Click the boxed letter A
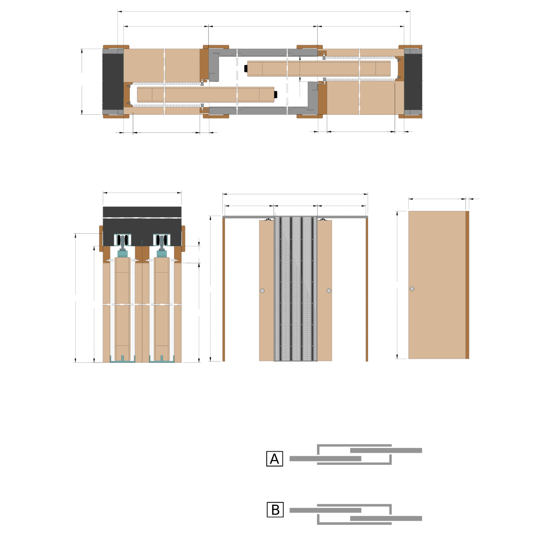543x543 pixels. tap(274, 459)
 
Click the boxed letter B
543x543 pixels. tap(275, 510)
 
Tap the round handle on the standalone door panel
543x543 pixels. tap(412, 289)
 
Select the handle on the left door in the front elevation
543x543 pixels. tap(262, 291)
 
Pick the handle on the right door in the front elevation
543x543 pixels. tap(329, 291)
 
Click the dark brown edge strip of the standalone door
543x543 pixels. tap(467, 285)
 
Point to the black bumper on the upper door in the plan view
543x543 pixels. tap(246, 68)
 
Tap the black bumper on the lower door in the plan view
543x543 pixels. tap(276, 95)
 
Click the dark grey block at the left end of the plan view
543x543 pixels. tap(113, 81)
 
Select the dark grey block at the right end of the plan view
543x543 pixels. tap(413, 81)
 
